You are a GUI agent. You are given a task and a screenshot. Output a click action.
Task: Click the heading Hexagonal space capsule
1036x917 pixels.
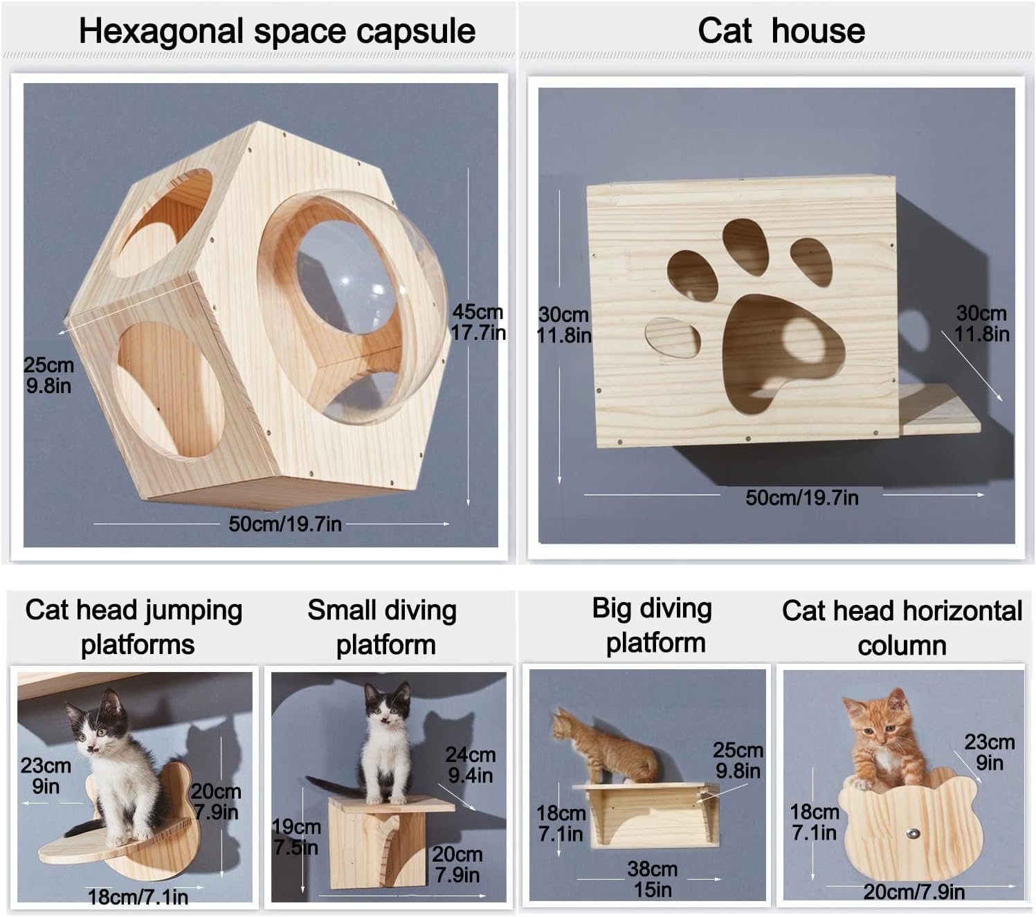point(277,32)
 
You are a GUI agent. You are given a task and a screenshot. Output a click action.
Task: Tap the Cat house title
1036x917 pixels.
point(781,31)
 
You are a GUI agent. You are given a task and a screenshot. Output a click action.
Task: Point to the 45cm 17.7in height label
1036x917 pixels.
point(478,322)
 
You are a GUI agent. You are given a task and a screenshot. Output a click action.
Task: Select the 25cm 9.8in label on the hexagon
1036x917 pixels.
point(48,375)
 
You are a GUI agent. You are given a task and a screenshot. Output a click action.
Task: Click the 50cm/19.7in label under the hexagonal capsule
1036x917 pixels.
point(284,524)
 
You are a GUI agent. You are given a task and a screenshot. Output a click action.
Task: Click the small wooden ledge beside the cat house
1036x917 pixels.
point(940,410)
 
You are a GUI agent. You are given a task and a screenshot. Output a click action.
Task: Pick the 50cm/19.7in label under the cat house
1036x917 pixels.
point(801,498)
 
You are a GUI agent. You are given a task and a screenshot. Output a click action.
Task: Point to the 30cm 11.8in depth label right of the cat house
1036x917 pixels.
point(981,323)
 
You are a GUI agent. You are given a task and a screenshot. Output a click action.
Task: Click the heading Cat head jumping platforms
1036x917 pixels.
point(134,627)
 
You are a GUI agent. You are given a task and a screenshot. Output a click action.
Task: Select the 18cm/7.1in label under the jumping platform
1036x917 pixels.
point(138,898)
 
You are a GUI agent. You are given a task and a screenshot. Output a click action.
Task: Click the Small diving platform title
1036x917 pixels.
point(383,627)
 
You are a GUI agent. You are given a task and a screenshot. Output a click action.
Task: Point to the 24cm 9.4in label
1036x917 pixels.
point(470,765)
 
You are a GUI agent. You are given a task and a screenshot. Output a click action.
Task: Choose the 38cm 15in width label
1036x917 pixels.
point(652,879)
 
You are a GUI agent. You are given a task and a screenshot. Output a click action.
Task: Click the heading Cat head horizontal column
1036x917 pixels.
point(901,628)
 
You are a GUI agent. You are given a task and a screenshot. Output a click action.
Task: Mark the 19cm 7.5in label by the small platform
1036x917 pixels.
point(296,837)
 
